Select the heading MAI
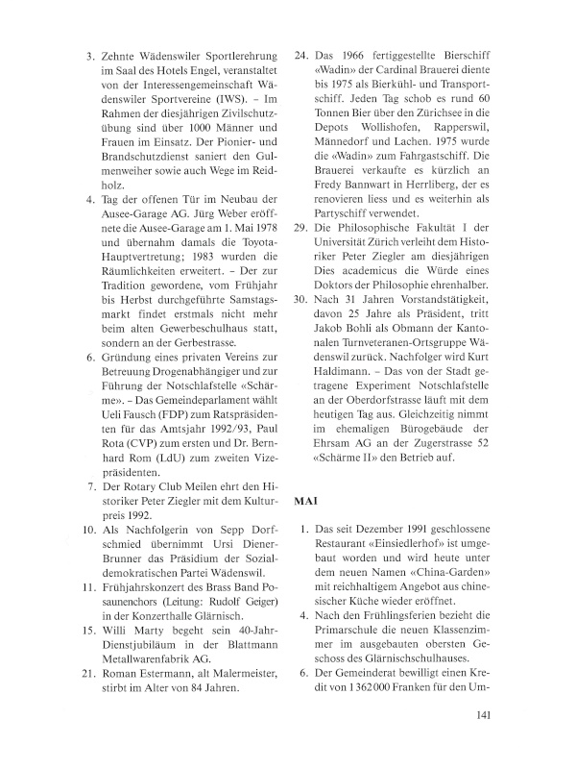305,501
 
